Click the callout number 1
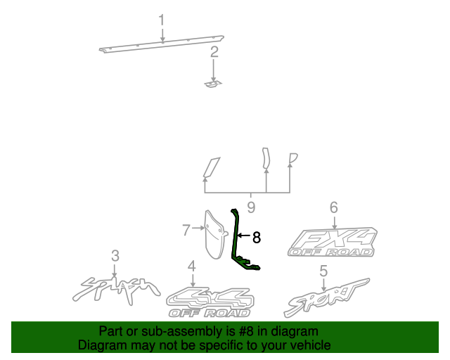162,19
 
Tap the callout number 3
115,256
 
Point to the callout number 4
191,266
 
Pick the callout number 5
323,271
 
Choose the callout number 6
333,207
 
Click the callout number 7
186,229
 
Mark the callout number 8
257,238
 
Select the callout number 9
251,207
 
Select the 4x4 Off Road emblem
208,302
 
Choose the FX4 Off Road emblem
333,241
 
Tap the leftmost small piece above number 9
210,167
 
